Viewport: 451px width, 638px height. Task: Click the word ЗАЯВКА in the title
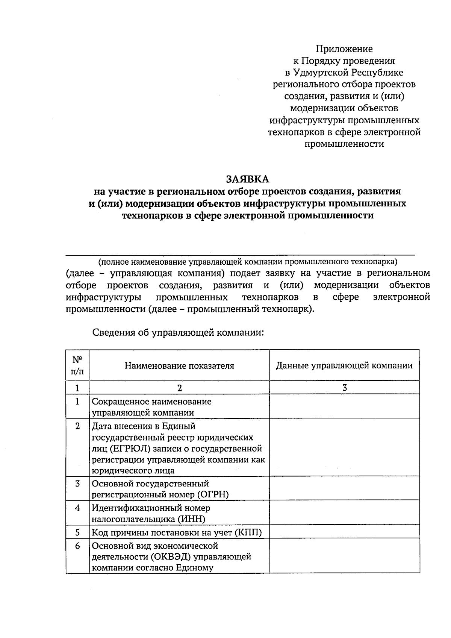(248, 179)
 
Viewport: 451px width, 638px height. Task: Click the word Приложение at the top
(344, 49)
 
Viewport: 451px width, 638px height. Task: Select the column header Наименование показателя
(179, 366)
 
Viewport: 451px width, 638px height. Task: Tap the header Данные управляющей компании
(344, 366)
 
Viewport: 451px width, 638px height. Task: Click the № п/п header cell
(77, 366)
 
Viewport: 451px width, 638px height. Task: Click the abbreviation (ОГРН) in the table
(213, 494)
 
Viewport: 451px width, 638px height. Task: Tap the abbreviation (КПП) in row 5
(248, 532)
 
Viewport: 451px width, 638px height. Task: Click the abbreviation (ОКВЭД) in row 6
(173, 556)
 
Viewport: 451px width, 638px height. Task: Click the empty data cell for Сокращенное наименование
(344, 407)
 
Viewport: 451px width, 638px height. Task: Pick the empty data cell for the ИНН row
(344, 513)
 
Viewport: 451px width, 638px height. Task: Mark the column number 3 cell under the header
(344, 388)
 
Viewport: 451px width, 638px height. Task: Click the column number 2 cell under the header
(179, 388)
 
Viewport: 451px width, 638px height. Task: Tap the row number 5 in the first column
(77, 532)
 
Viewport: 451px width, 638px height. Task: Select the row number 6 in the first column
(77, 546)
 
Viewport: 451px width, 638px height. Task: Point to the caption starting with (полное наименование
(248, 261)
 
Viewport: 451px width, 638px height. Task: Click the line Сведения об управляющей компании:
(178, 333)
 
